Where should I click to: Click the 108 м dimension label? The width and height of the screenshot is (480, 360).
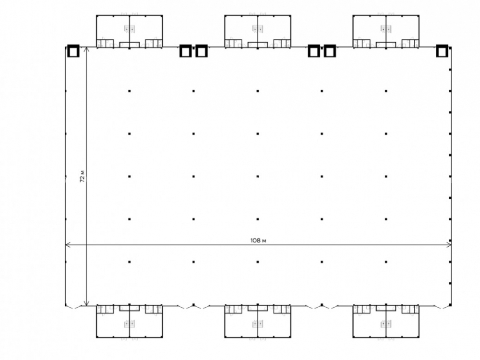click(258, 240)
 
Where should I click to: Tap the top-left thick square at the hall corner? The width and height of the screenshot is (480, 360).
click(73, 51)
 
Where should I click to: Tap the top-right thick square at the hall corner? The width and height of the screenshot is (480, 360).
click(442, 51)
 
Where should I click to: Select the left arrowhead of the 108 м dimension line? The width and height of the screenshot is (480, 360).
click(68, 245)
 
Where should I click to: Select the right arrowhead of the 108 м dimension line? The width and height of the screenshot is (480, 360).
click(449, 245)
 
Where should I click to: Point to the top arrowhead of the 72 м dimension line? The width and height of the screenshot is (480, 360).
click(86, 49)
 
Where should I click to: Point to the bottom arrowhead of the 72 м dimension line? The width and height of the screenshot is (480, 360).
click(86, 303)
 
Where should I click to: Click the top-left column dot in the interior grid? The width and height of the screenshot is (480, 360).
click(130, 91)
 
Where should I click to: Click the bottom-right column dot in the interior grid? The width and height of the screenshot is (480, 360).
click(386, 262)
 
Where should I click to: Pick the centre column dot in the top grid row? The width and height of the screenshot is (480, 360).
click(258, 91)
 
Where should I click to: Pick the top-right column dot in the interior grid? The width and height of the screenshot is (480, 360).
click(386, 91)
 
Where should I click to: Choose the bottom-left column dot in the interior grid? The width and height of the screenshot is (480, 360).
click(130, 262)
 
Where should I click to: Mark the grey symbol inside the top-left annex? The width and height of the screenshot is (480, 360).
click(130, 29)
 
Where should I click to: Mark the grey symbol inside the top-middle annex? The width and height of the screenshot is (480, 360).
click(258, 29)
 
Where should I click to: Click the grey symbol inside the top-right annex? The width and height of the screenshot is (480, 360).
click(386, 29)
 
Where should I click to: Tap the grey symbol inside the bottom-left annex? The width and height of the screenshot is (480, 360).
click(130, 324)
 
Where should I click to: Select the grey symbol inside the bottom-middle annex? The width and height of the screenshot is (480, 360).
click(258, 324)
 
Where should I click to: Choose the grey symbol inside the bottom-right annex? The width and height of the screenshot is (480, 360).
click(386, 324)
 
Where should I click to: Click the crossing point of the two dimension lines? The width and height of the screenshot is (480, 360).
click(86, 245)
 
